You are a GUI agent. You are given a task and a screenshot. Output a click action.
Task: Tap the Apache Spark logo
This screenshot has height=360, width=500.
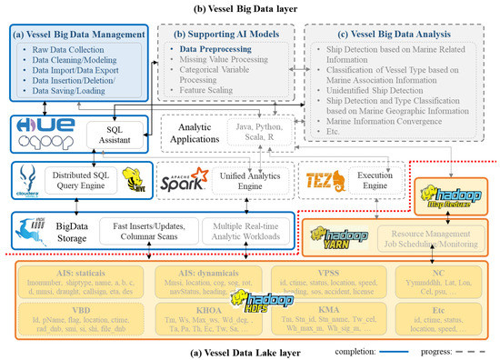coord(183,177)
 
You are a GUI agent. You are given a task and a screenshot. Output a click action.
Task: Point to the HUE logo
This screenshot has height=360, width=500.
coord(39,125)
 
